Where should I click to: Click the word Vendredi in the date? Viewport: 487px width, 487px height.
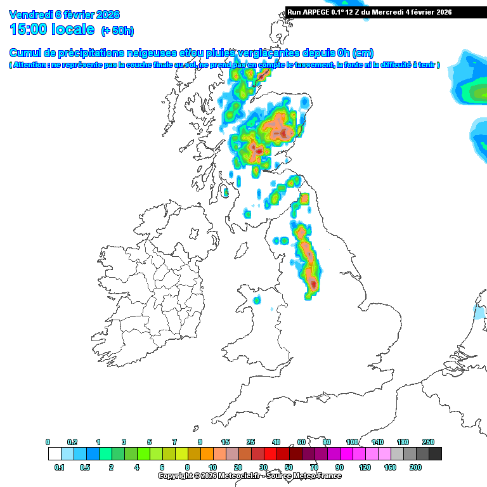(31, 15)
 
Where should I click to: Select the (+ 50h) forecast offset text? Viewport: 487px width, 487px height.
(117, 30)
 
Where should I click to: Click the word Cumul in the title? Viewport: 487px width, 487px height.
(26, 53)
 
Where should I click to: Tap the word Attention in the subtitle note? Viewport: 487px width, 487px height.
(31, 65)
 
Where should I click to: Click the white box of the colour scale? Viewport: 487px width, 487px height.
(54, 453)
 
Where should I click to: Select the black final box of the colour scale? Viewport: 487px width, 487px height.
(435, 453)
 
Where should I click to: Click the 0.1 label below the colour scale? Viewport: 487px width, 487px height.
(60, 467)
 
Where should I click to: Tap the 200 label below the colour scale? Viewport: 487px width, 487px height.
(415, 467)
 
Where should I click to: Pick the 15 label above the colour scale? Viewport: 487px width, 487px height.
(225, 441)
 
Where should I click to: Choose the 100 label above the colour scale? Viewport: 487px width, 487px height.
(352, 441)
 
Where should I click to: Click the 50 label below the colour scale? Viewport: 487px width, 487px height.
(289, 467)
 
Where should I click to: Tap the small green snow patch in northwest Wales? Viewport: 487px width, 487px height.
(257, 300)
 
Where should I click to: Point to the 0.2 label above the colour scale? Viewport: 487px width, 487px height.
(73, 441)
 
